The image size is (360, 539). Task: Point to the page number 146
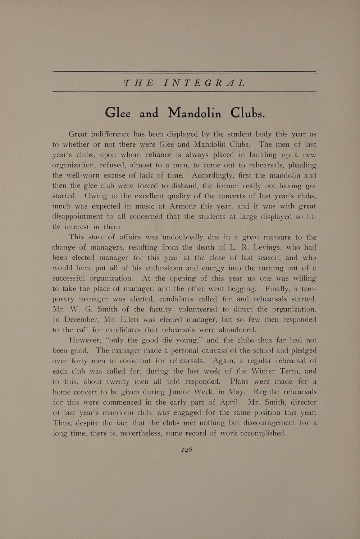(187, 450)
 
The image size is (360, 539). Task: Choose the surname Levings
(269, 248)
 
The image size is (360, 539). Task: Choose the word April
(224, 402)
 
